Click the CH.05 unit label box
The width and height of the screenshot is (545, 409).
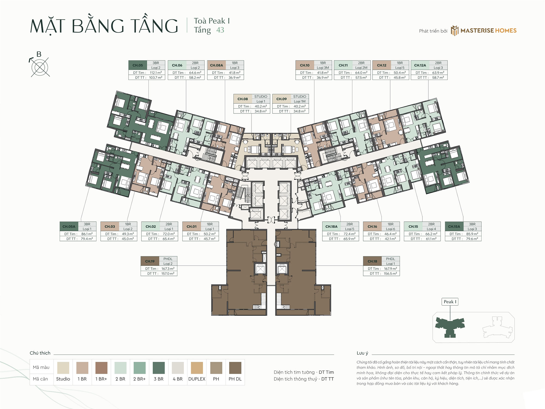click(138, 65)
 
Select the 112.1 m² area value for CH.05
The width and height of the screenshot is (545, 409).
click(156, 73)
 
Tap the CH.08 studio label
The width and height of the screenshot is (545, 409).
click(243, 99)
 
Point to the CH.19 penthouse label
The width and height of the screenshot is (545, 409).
click(150, 261)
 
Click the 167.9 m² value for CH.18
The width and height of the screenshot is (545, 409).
click(390, 269)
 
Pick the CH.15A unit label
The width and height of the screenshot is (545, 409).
click(454, 227)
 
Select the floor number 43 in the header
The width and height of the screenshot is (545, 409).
click(220, 30)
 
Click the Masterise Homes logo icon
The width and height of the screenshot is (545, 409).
click(454, 31)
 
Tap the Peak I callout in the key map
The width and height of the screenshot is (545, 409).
click(450, 302)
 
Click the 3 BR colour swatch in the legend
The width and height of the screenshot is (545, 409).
click(159, 368)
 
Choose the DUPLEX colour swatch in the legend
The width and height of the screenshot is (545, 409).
click(197, 368)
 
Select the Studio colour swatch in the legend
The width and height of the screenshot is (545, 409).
click(63, 368)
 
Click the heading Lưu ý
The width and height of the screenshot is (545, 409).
click(362, 353)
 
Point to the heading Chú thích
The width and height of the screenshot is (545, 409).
click(40, 353)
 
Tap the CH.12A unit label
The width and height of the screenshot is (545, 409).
click(420, 65)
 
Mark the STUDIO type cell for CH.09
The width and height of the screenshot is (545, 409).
click(299, 97)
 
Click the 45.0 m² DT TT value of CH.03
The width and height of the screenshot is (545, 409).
click(128, 239)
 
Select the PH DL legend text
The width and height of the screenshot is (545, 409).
click(235, 379)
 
